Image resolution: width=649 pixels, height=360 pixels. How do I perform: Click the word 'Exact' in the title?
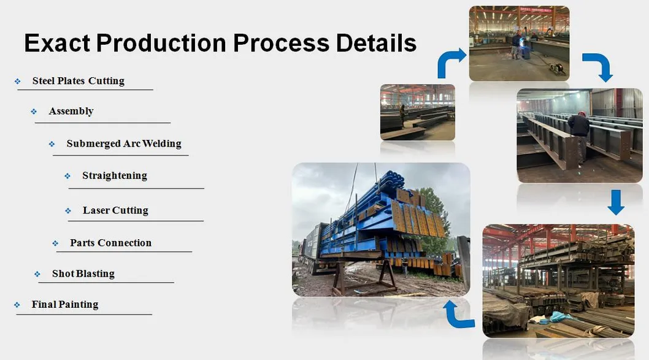pyautogui.click(x=56, y=43)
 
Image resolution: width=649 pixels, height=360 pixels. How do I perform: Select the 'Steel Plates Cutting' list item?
pyautogui.click(x=78, y=81)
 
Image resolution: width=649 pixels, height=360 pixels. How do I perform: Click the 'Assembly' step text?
pyautogui.click(x=71, y=111)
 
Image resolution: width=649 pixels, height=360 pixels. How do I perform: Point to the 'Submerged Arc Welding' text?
pyautogui.click(x=124, y=144)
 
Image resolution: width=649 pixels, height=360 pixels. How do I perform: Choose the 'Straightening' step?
pyautogui.click(x=115, y=175)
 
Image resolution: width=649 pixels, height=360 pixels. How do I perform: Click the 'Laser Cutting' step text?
pyautogui.click(x=115, y=210)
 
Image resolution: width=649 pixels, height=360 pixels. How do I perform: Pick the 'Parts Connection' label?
pyautogui.click(x=110, y=243)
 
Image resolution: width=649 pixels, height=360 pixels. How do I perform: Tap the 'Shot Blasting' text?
pyautogui.click(x=83, y=274)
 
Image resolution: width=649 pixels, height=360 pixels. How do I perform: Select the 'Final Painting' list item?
pyautogui.click(x=64, y=304)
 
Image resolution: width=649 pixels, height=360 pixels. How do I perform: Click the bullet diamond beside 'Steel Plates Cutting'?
pyautogui.click(x=18, y=82)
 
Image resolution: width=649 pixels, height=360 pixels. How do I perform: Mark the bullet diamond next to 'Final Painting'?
pyautogui.click(x=17, y=305)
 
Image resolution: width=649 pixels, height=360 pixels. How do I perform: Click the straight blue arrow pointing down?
pyautogui.click(x=615, y=202)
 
